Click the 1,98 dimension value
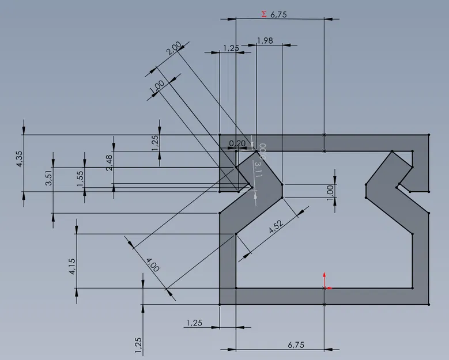pos(265,40)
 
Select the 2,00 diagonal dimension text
pos(173,48)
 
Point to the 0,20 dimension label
pos(237,143)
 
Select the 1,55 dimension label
pos(81,178)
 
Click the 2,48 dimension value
pos(110,162)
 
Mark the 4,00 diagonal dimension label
pos(152,266)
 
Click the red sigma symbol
pos(264,14)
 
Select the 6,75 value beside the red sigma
pos(278,15)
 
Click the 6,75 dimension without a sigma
pos(296,344)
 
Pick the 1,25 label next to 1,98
pos(230,48)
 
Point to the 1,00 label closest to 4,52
pos(330,191)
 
